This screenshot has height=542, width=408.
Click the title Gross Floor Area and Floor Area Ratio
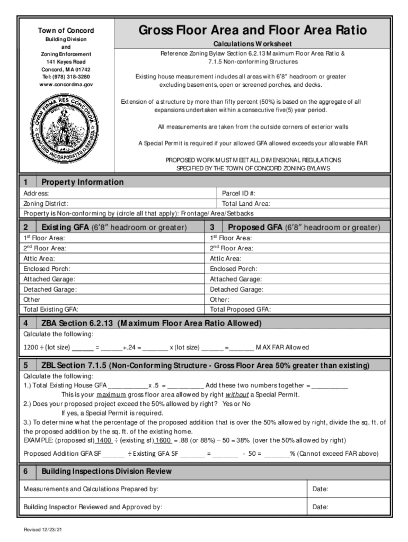252,31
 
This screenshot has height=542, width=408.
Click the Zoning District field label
46,204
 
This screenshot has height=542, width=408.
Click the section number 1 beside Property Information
25,182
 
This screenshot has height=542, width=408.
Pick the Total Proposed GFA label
240,310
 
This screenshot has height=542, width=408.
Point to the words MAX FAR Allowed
282,348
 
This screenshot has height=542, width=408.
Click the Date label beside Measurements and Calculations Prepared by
320,489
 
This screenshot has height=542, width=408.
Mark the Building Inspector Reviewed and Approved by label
93,507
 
